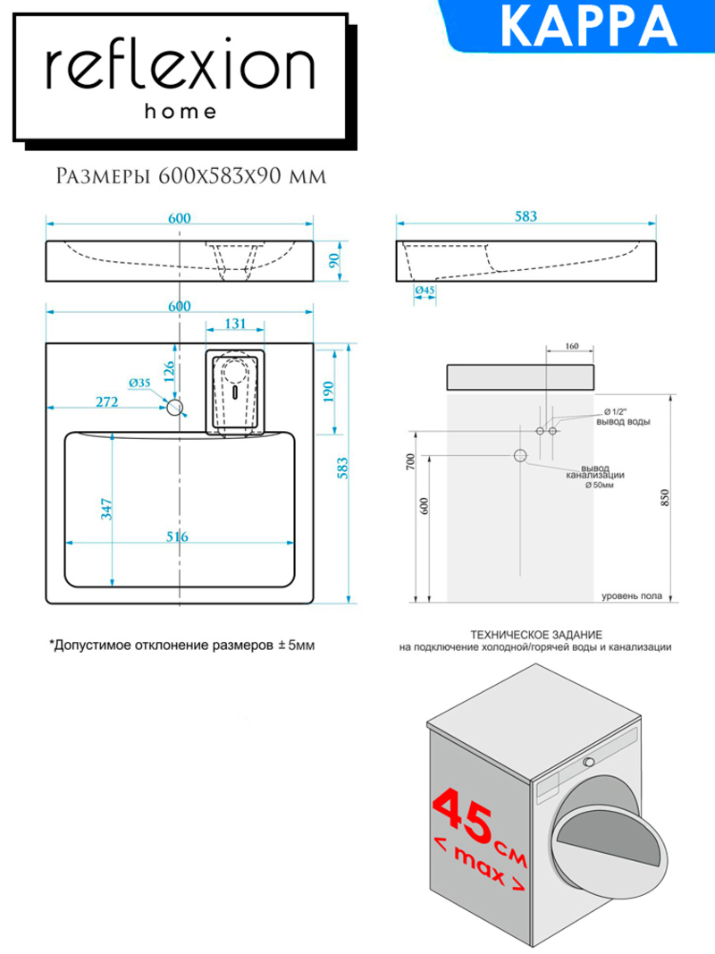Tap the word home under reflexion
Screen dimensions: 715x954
[181, 112]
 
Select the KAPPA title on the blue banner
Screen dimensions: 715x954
[588, 26]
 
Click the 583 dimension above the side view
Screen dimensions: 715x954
[526, 216]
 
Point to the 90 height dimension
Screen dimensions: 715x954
[333, 260]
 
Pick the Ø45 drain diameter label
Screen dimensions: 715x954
[425, 291]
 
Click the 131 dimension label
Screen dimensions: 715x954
[235, 323]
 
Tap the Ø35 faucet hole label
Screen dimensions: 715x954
[139, 383]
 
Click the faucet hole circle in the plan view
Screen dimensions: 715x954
[175, 407]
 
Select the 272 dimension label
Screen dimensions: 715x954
[107, 401]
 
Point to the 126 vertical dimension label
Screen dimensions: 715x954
[168, 371]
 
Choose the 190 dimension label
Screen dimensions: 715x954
[328, 392]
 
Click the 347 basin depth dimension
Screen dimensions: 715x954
[106, 509]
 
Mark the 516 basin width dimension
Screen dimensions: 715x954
[177, 536]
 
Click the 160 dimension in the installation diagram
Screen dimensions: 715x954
[571, 346]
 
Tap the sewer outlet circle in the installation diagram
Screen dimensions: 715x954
[520, 455]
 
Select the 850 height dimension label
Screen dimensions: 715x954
[665, 498]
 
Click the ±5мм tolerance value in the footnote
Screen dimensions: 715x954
[297, 645]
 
